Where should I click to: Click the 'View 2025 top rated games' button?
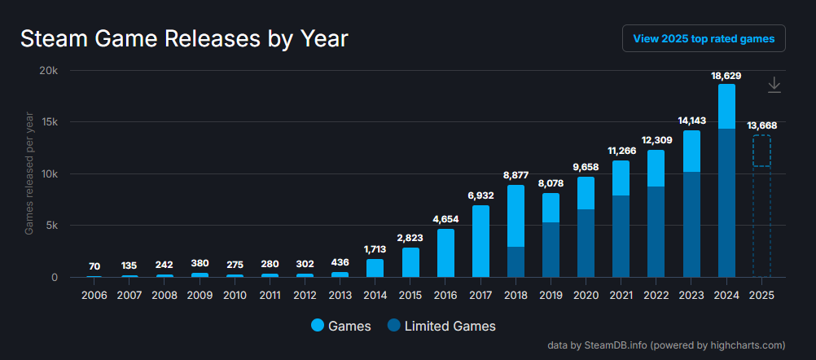point(704,38)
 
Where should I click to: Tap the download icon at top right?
point(774,85)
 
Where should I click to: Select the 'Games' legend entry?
point(341,326)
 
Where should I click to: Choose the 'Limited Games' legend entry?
point(441,326)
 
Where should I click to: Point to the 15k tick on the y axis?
point(50,122)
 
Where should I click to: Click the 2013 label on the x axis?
point(340,293)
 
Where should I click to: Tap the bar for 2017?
point(480,241)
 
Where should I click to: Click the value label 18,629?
point(726,76)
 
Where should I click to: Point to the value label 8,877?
point(515,174)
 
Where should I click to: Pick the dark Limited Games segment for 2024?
point(726,203)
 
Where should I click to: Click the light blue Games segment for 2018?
point(515,216)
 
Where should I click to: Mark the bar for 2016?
point(445,252)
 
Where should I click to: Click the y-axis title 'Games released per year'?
point(29,174)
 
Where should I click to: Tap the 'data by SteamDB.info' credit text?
point(666,345)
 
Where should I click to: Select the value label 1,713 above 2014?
point(375,248)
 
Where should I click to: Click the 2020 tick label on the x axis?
point(585,293)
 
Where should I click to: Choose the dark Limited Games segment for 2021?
point(621,236)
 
